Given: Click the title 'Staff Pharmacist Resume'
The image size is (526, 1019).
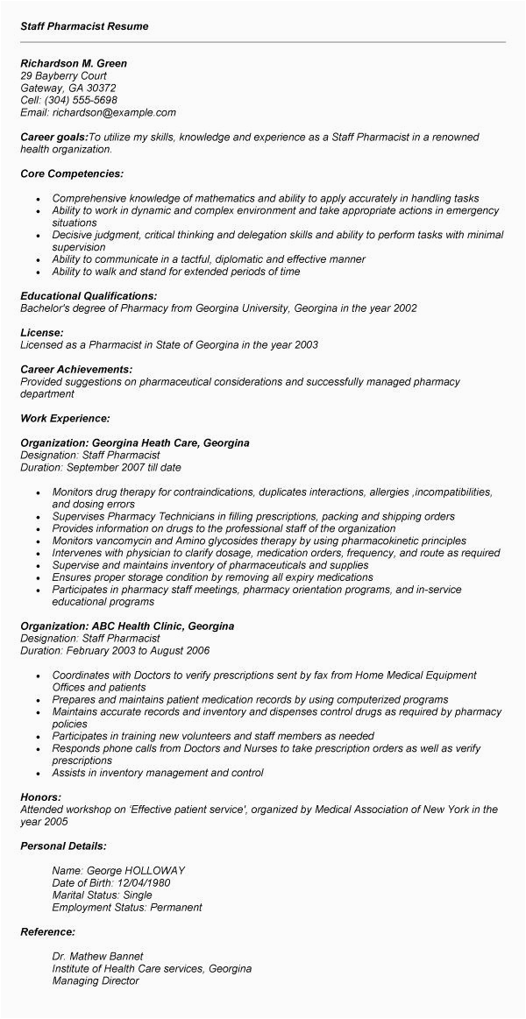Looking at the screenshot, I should pos(85,26).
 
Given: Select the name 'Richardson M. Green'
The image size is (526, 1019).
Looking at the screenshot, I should pos(74,63).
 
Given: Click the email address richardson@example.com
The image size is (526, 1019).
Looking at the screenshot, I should pos(114,112).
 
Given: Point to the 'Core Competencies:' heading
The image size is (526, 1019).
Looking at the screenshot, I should pos(72,173).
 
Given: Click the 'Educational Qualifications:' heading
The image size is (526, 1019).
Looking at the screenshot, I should pos(89,296).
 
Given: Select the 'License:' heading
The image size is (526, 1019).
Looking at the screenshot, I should pos(42,333).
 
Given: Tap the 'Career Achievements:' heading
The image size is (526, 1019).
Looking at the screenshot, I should pos(76,370).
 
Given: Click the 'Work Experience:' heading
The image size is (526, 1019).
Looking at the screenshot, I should pos(66,419).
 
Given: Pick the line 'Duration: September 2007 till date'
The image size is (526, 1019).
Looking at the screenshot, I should pos(101,468).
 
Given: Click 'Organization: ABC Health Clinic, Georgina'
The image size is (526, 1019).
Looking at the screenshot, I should pos(127,627).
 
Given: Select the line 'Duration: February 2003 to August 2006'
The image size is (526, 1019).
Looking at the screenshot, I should pos(115,652).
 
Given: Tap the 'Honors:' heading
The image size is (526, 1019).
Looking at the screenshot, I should pos(40,797).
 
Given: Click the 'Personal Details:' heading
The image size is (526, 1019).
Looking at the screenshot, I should pos(64,846).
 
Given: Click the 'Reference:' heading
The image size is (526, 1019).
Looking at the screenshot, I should pos(48,932).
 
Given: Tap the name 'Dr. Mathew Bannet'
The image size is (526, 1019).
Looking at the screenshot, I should pos(97,957).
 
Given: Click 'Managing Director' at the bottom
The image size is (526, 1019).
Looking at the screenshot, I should pos(96,981).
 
